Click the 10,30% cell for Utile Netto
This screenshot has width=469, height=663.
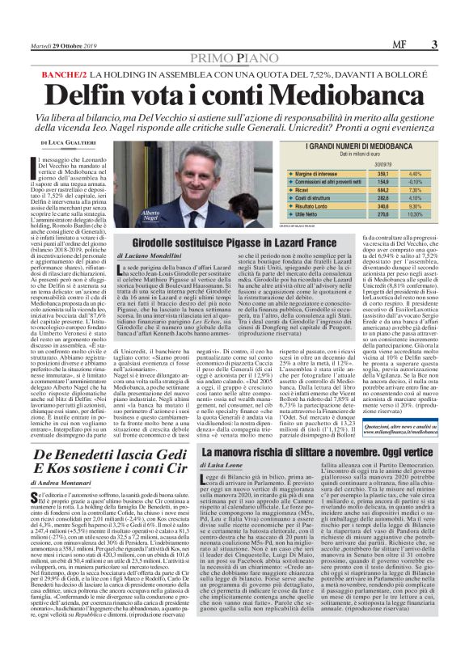415,213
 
